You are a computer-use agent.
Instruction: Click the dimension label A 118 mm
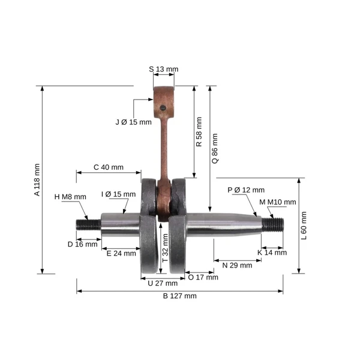click(x=37, y=180)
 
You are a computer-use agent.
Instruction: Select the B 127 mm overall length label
click(x=180, y=296)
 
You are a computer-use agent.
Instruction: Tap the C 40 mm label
click(x=109, y=167)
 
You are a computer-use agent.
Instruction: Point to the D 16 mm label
click(x=82, y=244)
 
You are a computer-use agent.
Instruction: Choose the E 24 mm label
click(x=121, y=253)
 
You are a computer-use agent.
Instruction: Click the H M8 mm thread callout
click(x=70, y=197)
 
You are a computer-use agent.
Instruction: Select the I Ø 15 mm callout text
click(x=118, y=194)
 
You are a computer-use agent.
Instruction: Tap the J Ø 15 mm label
click(x=133, y=122)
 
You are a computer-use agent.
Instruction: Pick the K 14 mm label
click(x=272, y=253)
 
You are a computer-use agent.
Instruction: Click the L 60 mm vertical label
click(x=304, y=226)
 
